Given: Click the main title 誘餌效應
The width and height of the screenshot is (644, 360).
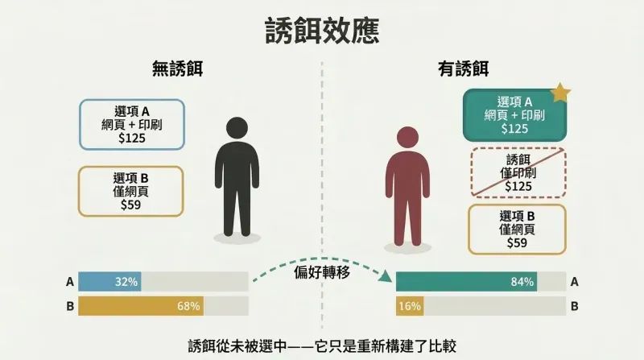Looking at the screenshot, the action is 322,31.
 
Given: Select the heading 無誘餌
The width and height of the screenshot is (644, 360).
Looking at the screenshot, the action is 177,68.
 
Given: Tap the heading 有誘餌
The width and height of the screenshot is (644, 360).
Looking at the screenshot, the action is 464,68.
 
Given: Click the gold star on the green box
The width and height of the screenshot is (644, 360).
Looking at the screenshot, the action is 559,93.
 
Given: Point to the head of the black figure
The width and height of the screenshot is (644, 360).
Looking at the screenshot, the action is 237,127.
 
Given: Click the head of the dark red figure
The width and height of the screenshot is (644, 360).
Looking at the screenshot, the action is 407,137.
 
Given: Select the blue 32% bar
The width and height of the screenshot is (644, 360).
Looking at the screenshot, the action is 109,282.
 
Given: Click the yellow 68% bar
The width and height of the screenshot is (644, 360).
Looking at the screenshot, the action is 141,306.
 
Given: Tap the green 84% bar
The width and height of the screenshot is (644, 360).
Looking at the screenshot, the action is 467,282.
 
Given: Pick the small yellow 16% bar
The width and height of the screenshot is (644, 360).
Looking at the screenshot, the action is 410,306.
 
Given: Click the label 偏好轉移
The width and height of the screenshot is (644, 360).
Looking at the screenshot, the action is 322,272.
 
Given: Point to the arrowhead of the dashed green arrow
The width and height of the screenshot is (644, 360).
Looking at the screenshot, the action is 386,276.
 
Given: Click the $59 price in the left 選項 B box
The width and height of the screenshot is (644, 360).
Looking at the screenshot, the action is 130,205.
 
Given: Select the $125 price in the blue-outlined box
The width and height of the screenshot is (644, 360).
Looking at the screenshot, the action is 132,138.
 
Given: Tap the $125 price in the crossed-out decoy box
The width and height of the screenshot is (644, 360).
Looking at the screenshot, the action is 518,187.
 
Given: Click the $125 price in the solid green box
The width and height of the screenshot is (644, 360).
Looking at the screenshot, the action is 514,129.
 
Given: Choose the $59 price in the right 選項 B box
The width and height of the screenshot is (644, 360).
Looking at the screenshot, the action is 517,243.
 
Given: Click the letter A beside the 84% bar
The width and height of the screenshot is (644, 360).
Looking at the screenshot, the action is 574,282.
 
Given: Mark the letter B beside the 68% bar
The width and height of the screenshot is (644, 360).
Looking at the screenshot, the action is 70,307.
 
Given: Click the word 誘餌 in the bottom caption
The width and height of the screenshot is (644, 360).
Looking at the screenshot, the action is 202,346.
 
